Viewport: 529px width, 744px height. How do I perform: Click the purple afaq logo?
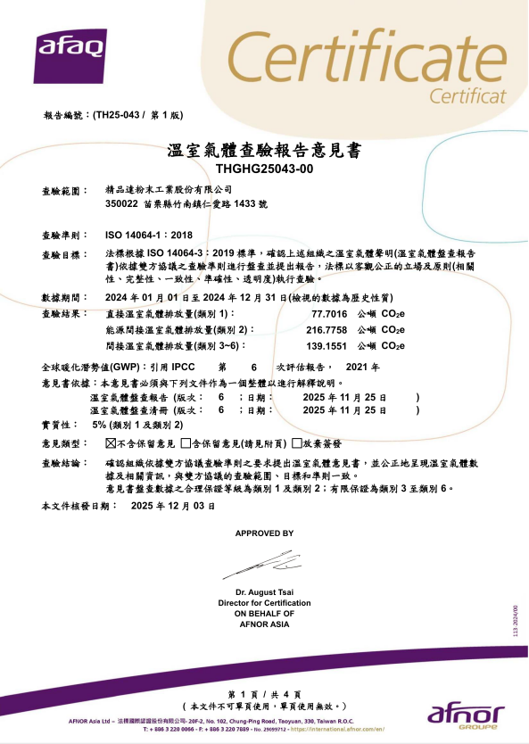(70, 53)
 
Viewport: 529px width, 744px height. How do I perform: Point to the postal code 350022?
(120, 204)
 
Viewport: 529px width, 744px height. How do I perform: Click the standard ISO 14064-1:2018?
(149, 235)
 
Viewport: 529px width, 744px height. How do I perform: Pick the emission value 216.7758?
(326, 329)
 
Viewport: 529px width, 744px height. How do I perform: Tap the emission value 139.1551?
(326, 345)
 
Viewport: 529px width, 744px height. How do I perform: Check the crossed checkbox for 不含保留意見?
(111, 442)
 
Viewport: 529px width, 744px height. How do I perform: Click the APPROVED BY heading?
(264, 533)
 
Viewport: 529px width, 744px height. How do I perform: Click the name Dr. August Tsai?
(264, 593)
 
